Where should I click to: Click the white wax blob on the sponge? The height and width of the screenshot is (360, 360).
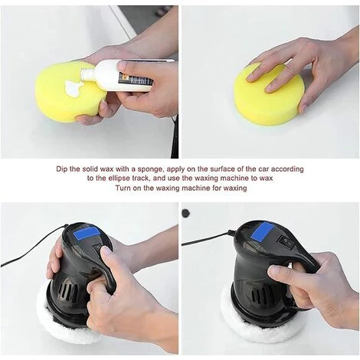[x=74, y=88]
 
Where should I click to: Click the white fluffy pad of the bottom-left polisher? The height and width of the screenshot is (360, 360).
[x=63, y=319]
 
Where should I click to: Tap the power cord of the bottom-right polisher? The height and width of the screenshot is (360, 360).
[x=207, y=239]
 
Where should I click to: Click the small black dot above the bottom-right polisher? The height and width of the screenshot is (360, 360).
[x=185, y=212]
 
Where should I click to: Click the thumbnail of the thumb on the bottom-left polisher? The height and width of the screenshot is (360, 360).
[x=106, y=251]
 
